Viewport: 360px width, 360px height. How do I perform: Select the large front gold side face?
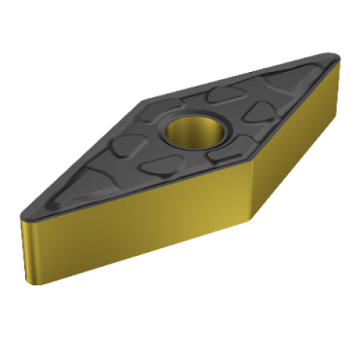(140, 242)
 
